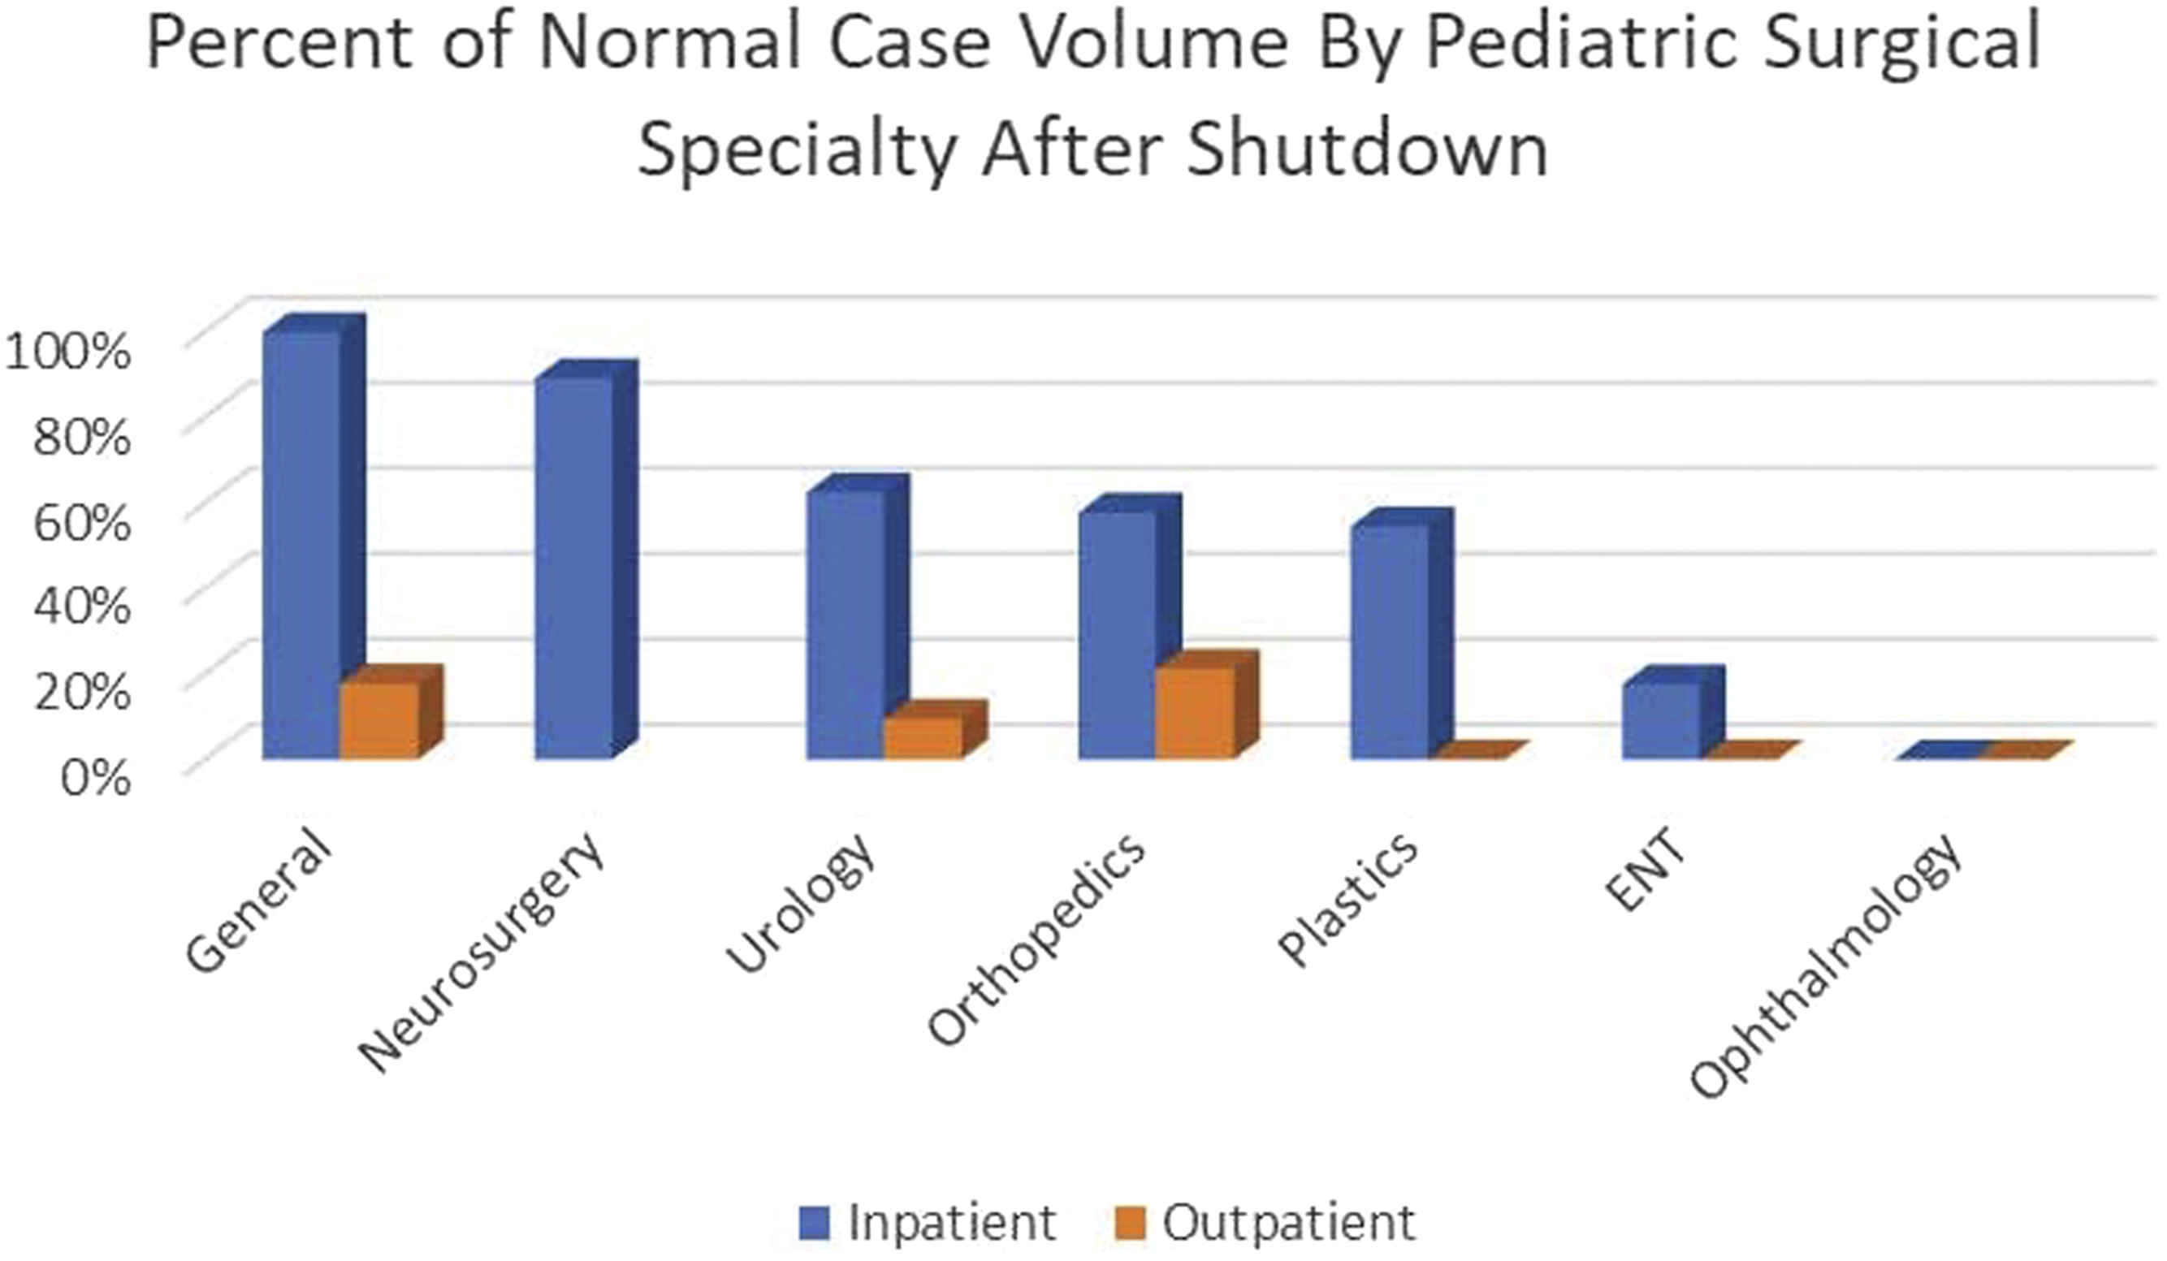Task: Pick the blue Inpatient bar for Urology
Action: click(x=858, y=616)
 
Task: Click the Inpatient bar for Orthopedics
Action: click(x=1130, y=627)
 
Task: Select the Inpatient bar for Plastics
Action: click(x=1402, y=633)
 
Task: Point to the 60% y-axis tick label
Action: click(x=82, y=522)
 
